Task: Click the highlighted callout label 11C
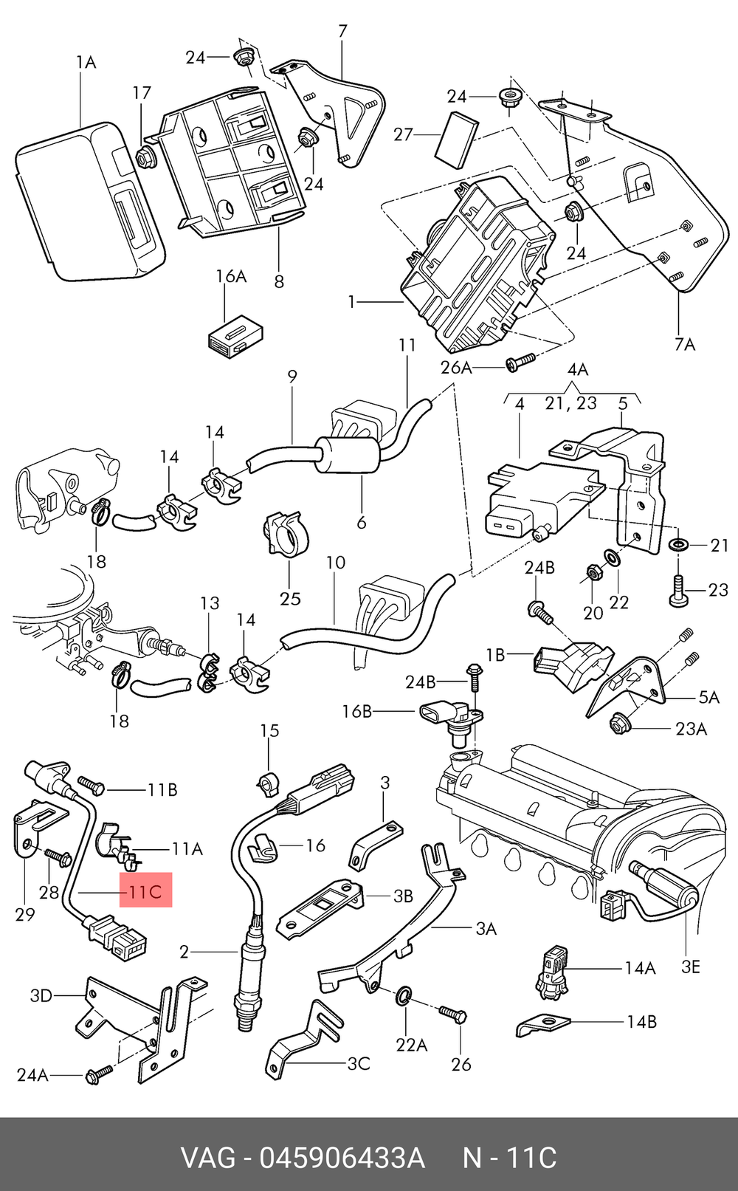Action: [x=145, y=891]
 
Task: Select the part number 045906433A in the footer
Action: [x=342, y=1158]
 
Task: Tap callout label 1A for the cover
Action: [x=86, y=62]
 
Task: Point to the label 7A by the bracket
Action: [x=685, y=344]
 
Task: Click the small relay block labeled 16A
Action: [x=232, y=337]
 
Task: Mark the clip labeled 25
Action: [x=285, y=535]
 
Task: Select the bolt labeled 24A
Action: [x=98, y=1074]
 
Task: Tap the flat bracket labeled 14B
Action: [x=542, y=1026]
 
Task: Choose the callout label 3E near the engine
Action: [x=690, y=967]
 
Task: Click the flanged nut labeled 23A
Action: [x=618, y=724]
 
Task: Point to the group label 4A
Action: [x=577, y=369]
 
